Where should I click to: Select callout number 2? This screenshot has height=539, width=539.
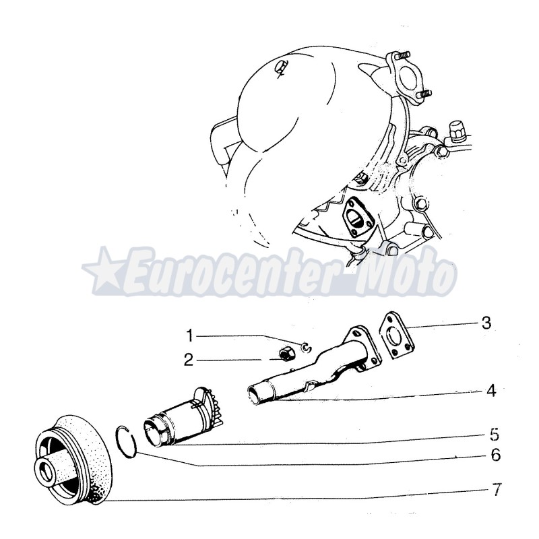coord(189,360)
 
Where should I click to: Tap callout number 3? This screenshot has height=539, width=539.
coord(486,323)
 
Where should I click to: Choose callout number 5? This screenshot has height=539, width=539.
coord(495,433)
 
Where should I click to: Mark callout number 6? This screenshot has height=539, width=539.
coord(495,456)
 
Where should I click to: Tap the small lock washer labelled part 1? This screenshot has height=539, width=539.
coord(305,347)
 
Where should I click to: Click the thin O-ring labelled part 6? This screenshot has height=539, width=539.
coord(126,442)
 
